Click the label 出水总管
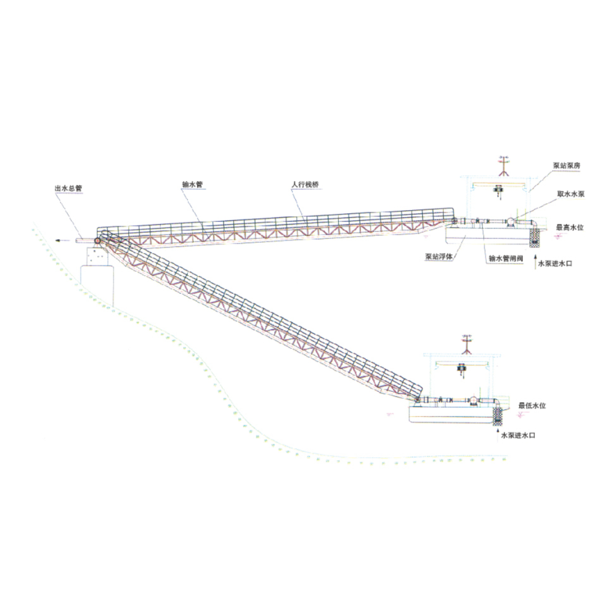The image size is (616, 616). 68,188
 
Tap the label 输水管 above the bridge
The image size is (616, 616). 192,184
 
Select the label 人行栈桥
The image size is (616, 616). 306,184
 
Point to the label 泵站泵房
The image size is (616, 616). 567,165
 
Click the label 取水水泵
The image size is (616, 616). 571,193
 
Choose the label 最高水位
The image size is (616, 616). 570,227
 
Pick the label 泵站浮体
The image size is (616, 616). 439,257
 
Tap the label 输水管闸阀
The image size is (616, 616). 506,259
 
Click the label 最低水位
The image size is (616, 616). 532,405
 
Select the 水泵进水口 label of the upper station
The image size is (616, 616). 555,264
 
